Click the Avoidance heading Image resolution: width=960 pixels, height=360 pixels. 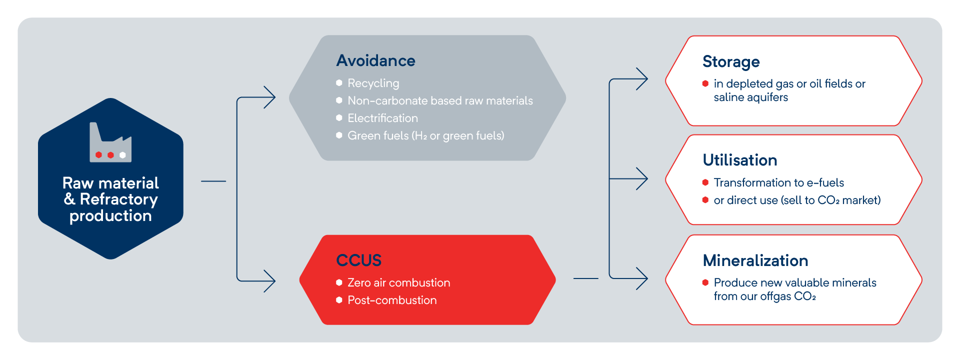[375, 60]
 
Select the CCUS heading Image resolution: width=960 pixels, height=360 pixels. [358, 260]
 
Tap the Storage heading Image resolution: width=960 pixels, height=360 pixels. [731, 61]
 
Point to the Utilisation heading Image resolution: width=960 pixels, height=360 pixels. [739, 160]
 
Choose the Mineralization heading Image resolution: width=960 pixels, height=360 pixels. [755, 260]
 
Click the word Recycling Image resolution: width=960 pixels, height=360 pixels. [373, 83]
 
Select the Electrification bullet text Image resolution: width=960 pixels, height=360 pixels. [382, 118]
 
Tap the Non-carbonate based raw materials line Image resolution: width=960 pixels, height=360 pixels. [440, 100]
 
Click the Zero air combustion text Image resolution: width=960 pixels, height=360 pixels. [398, 282]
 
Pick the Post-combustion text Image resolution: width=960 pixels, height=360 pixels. [392, 300]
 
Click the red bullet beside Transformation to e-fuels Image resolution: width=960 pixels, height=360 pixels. [705, 182]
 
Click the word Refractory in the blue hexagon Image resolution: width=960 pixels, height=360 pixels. [119, 199]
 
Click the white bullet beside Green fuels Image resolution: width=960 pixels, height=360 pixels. [339, 135]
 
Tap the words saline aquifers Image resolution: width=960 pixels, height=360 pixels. [750, 97]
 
